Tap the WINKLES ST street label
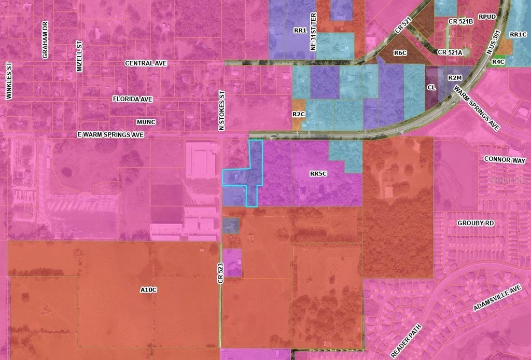(8, 81)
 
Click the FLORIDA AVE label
(132, 99)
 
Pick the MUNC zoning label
(146, 122)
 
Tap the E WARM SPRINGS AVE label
(110, 134)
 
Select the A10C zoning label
(148, 289)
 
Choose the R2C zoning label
(298, 114)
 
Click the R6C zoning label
(400, 53)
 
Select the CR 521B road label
(460, 21)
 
